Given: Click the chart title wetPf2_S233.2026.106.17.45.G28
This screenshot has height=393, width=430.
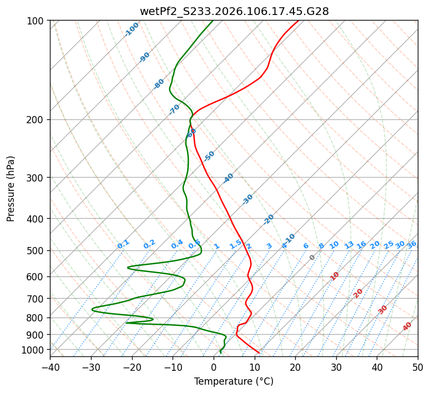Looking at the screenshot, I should (x=234, y=11).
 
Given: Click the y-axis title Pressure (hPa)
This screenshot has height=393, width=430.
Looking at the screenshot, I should (x=11, y=189).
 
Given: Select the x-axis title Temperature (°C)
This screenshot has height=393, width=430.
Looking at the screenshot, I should (x=234, y=382).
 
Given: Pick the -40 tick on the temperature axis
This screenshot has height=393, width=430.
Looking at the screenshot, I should (x=50, y=367).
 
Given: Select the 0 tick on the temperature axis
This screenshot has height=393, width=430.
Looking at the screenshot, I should (x=214, y=367).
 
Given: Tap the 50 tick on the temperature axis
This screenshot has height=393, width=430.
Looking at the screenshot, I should (x=418, y=367).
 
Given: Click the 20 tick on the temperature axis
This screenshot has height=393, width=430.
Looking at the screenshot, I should (x=295, y=367).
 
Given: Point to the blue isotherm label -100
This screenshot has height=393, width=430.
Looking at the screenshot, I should (x=132, y=29).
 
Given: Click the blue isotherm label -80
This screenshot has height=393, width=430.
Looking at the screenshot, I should (x=159, y=84).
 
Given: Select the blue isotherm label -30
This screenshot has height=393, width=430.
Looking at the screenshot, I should (x=247, y=199).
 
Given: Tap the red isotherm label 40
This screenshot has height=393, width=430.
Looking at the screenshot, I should (x=407, y=326).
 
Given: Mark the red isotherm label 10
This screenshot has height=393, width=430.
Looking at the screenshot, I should (x=335, y=276).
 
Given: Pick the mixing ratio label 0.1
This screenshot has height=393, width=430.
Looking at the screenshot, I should (x=123, y=244).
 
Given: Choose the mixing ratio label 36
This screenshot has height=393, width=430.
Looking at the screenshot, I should (x=412, y=244).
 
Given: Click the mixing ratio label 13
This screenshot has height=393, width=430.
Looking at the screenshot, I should (x=349, y=245).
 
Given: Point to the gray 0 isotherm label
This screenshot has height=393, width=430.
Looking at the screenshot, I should (x=312, y=258).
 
